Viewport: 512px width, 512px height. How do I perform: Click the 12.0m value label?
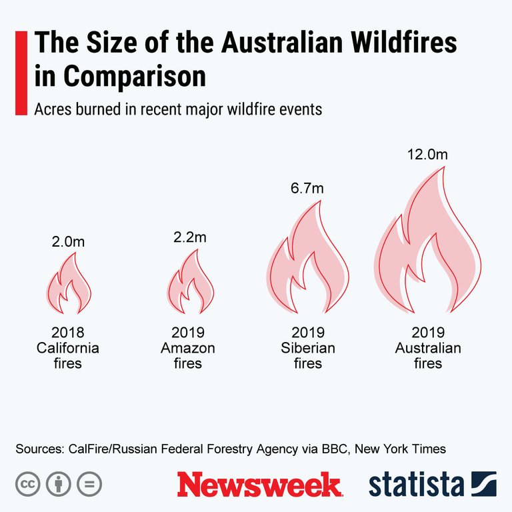click(427, 155)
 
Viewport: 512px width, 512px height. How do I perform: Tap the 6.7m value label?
click(307, 189)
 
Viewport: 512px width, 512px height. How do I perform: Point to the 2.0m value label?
click(68, 241)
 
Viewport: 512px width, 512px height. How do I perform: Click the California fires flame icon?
click(69, 287)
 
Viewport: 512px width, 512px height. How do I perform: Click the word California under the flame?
click(68, 348)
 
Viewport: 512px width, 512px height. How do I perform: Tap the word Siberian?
click(307, 348)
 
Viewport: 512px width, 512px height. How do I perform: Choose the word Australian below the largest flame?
click(427, 348)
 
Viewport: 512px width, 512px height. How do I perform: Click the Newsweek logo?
click(259, 484)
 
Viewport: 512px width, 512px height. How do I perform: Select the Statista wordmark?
click(417, 484)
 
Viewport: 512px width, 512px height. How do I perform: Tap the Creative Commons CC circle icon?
click(27, 484)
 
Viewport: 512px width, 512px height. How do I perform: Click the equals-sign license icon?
click(89, 484)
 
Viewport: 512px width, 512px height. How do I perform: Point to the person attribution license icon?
click(58, 484)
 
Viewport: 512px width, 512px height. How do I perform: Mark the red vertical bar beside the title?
click(21, 72)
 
